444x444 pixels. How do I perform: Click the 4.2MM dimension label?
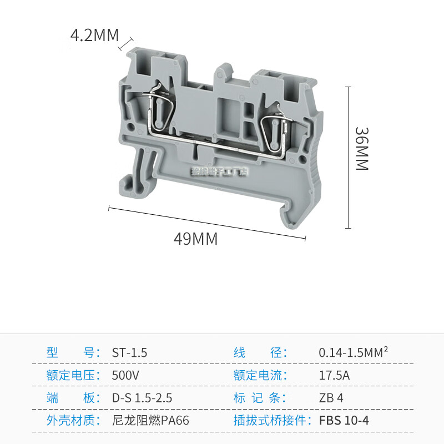(94, 36)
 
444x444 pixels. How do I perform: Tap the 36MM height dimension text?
(362, 149)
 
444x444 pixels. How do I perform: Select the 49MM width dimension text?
(195, 239)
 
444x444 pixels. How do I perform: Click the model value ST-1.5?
(129, 352)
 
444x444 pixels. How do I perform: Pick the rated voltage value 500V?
(125, 375)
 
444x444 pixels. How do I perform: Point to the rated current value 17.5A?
(334, 375)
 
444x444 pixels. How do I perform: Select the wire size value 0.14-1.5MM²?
(353, 352)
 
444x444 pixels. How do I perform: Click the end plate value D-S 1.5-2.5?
(142, 398)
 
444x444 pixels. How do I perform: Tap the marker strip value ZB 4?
(331, 398)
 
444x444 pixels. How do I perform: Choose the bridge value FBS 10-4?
(344, 420)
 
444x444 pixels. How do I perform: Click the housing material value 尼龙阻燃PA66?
(150, 421)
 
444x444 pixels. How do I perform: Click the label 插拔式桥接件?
(271, 421)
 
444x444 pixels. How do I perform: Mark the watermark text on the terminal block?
(219, 172)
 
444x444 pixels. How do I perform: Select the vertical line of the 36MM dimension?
(349, 158)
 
